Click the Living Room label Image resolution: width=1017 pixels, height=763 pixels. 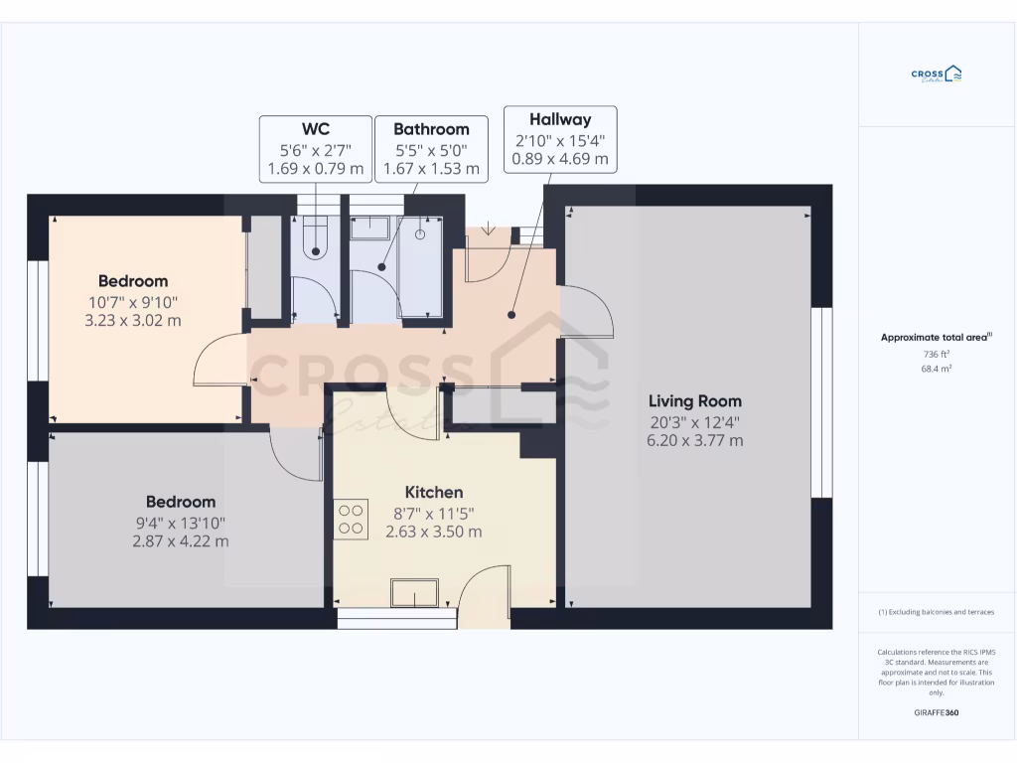[x=694, y=401]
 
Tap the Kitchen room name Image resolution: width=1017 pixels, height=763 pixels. [x=434, y=493]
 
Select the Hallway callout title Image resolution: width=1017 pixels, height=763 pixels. [x=560, y=118]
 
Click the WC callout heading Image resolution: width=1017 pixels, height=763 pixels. [x=316, y=129]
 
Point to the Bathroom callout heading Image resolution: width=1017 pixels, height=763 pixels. [x=431, y=129]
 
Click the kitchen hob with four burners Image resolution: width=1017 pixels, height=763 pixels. [x=351, y=520]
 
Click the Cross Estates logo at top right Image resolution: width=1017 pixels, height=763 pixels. [x=937, y=75]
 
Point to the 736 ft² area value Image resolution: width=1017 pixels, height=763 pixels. [x=937, y=354]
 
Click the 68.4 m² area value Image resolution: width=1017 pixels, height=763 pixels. [x=937, y=369]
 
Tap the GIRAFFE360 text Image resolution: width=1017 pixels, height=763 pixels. [x=937, y=712]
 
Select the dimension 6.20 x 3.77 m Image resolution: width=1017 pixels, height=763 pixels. [x=694, y=441]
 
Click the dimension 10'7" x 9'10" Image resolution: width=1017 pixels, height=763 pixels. [x=133, y=301]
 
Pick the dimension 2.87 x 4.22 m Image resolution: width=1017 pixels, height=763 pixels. [x=180, y=541]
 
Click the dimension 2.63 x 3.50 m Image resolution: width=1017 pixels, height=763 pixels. [x=434, y=532]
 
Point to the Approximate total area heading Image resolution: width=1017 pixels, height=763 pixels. [x=937, y=338]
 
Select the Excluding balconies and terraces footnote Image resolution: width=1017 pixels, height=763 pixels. [x=937, y=612]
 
